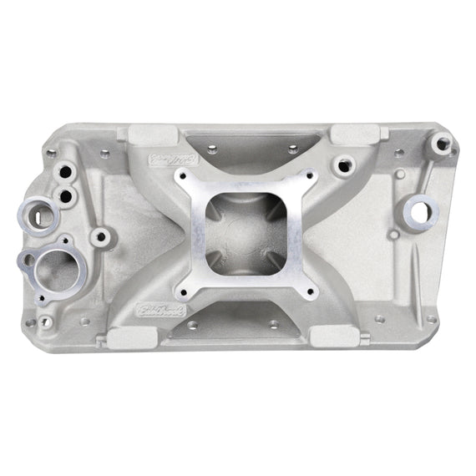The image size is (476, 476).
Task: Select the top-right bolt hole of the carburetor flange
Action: (x=308, y=176)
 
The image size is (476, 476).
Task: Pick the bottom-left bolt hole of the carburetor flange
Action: (x=179, y=292)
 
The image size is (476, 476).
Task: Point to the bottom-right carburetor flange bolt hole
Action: (x=310, y=291)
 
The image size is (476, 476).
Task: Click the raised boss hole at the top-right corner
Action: (x=440, y=144)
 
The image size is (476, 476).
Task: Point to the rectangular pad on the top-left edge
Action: (x=150, y=133)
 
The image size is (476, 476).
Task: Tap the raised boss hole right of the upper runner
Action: (x=342, y=165)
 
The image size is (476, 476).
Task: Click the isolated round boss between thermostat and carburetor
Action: (x=101, y=236)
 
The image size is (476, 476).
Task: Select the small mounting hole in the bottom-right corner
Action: (x=431, y=319)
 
